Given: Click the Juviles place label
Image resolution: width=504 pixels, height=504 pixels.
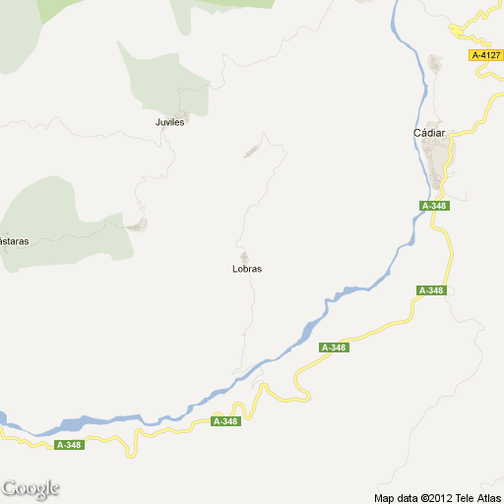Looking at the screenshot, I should [x=170, y=123].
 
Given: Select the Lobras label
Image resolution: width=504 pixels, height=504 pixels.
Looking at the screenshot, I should [x=246, y=269].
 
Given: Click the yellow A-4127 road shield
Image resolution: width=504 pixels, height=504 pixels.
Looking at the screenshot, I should [x=485, y=55].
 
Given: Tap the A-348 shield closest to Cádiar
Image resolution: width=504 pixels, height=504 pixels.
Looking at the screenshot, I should [x=434, y=206].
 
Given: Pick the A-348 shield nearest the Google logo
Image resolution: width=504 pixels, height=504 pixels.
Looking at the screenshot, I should [x=69, y=445].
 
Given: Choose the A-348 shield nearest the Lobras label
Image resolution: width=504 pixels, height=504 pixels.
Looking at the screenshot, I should [x=334, y=347].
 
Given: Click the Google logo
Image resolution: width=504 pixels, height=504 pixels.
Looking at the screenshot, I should [x=31, y=488].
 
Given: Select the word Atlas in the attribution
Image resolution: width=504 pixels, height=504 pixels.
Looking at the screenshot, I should [x=482, y=497].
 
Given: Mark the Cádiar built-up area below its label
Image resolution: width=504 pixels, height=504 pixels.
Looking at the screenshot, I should [x=438, y=157].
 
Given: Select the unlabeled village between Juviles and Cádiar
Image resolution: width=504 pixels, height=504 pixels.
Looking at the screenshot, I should [x=251, y=152].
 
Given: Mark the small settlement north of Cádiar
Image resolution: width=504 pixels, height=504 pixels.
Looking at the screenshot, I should [x=435, y=64].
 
